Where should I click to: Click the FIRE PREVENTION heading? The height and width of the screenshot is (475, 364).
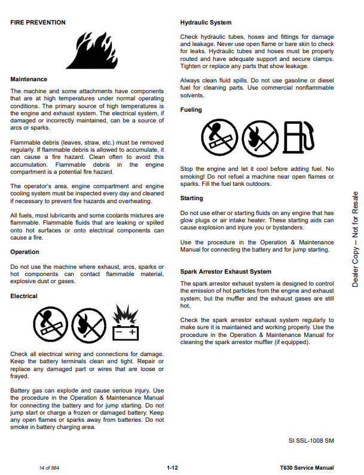tap(38, 23)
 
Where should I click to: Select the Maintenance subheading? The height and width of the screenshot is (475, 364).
tap(29, 79)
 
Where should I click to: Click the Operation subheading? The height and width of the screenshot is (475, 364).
tap(25, 252)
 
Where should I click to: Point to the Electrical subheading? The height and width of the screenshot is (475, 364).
tap(25, 296)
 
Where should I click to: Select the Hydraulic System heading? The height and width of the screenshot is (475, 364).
tap(206, 23)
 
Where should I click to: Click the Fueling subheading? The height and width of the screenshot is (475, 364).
tap(191, 110)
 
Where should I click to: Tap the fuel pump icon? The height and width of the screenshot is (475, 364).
tap(298, 138)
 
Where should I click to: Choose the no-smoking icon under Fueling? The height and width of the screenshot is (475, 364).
tap(219, 138)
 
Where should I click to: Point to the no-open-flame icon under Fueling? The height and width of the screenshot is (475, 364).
tap(258, 138)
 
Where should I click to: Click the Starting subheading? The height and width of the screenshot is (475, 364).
tap(192, 198)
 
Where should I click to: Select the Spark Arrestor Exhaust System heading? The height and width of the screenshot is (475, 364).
tap(226, 272)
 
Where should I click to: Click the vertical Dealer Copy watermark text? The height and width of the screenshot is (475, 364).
tap(355, 239)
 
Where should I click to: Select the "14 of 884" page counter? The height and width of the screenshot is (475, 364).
tap(49, 468)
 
